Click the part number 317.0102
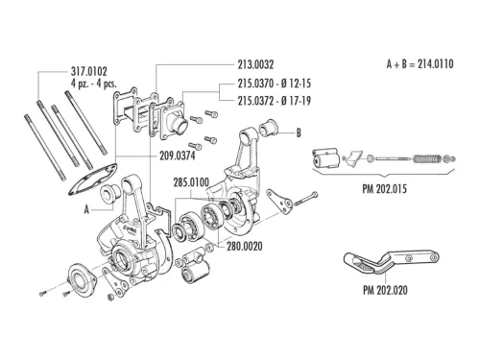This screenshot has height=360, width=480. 89,70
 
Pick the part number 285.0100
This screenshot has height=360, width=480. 192,180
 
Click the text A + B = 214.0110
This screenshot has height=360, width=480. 420,64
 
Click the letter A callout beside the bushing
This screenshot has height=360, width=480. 87,206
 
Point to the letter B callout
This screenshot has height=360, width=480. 299,132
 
